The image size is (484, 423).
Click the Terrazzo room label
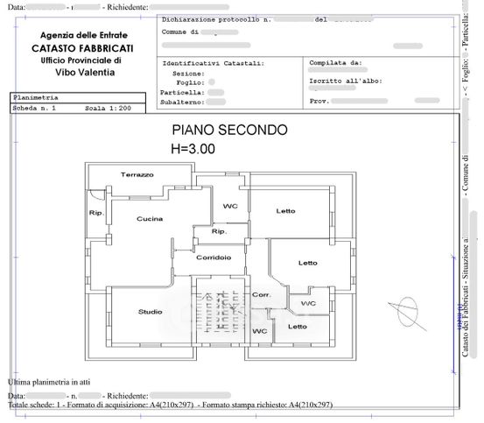point(137,175)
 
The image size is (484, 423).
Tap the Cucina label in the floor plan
point(150,219)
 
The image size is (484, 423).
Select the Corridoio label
point(214,257)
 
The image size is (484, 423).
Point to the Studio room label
point(150,312)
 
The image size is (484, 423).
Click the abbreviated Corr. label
point(261,295)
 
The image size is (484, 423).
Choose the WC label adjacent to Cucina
point(230,207)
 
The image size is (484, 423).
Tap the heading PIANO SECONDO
point(228,130)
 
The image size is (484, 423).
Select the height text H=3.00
point(193,149)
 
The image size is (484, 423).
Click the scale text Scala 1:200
point(108,109)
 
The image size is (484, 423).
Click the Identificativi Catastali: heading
point(214,64)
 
